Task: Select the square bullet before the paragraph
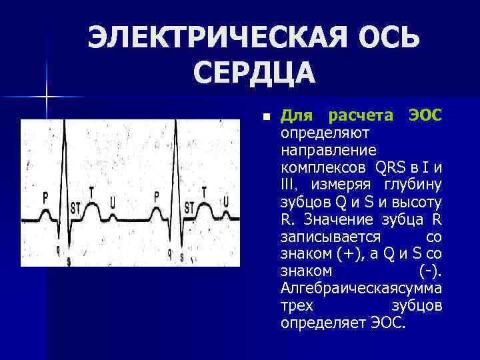pyautogui.click(x=266, y=117)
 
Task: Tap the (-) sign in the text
pyautogui.click(x=431, y=271)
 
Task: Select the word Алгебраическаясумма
pyautogui.click(x=362, y=288)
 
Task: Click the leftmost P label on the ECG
pyautogui.click(x=45, y=197)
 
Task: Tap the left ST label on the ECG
pyautogui.click(x=75, y=206)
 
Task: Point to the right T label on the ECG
pyautogui.click(x=205, y=191)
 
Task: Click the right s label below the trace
pyautogui.click(x=182, y=257)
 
